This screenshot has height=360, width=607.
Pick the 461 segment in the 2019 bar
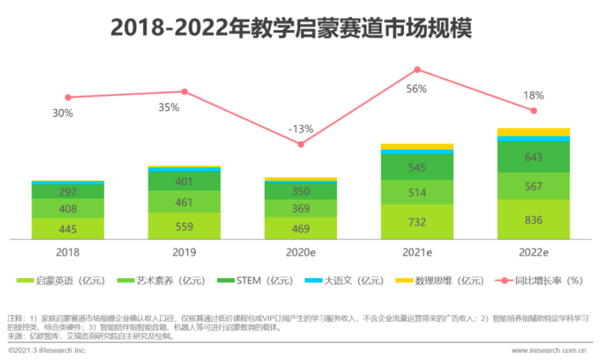[184, 202]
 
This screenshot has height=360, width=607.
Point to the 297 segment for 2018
[68, 192]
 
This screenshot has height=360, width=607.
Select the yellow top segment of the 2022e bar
[533, 132]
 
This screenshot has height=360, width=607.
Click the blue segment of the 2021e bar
[416, 152]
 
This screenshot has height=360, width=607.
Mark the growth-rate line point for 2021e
[416, 70]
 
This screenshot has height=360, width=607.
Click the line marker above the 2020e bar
[301, 144]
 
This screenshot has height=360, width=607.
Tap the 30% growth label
[63, 113]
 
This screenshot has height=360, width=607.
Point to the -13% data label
[301, 129]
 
